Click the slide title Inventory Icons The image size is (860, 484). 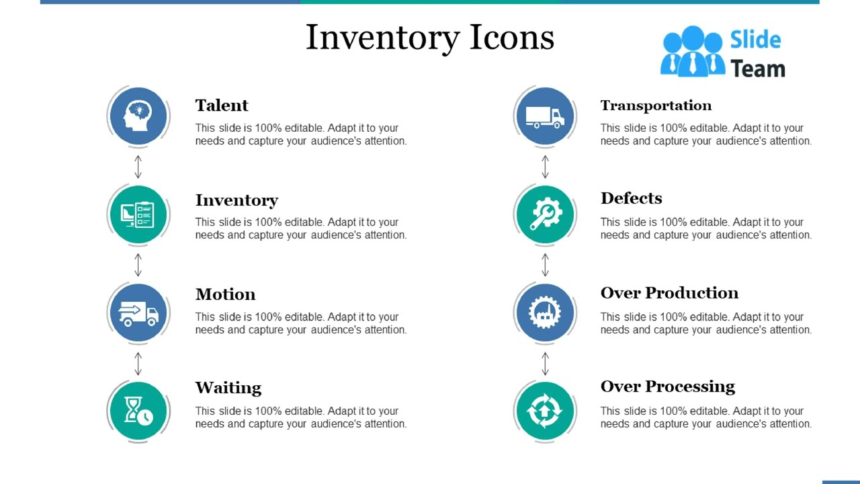[x=430, y=38]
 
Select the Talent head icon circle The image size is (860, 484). [x=138, y=116]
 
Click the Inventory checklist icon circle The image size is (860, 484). [x=138, y=214]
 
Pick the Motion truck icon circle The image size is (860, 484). [x=138, y=313]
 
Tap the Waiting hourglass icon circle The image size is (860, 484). [x=138, y=411]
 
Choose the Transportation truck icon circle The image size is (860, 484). [x=545, y=116]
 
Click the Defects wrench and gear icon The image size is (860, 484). [x=545, y=214]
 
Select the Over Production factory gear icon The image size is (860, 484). [x=545, y=313]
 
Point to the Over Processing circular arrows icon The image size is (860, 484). [x=545, y=411]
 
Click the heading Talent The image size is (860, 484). [x=222, y=106]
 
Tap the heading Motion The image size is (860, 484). [x=225, y=294]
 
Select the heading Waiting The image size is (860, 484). [x=228, y=388]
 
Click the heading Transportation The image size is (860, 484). [x=656, y=106]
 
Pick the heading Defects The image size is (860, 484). [x=631, y=198]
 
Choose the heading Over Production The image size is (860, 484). [x=669, y=293]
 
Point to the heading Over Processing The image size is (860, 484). [x=668, y=387]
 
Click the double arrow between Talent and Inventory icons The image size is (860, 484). [x=138, y=166]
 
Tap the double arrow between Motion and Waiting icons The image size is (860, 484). [x=138, y=363]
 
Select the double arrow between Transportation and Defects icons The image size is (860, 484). [x=545, y=166]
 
